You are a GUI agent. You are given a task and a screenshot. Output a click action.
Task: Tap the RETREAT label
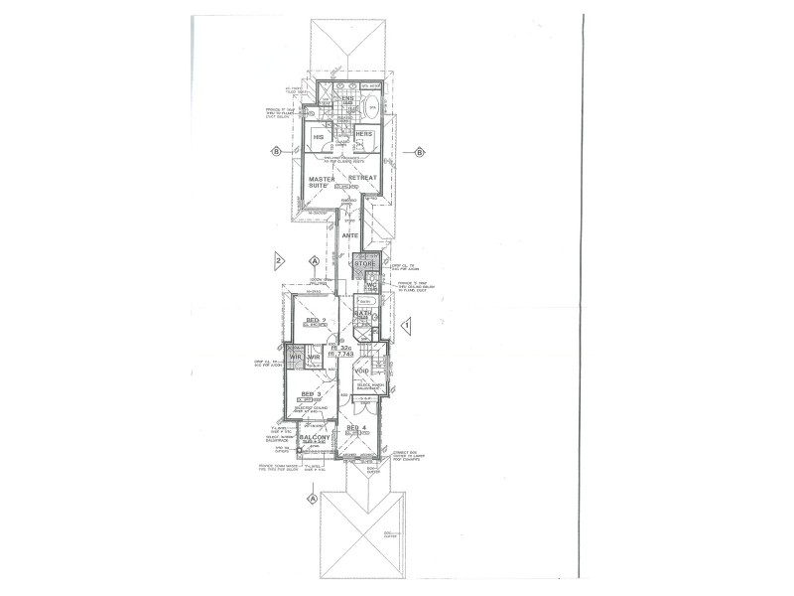click(x=362, y=177)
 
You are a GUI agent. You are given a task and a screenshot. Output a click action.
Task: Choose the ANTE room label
click(x=349, y=236)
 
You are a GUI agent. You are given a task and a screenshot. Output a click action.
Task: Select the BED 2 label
click(x=316, y=321)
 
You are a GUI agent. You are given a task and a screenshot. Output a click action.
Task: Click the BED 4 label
click(x=356, y=427)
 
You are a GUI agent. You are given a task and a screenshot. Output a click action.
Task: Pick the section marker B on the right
click(x=420, y=152)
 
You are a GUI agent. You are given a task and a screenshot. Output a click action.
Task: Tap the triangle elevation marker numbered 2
click(x=280, y=261)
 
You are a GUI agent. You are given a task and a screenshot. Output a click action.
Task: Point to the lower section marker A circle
click(x=314, y=498)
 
